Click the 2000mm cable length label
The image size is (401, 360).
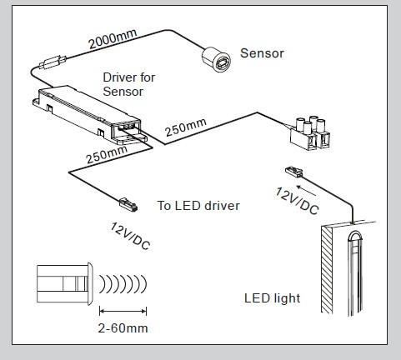(113, 38)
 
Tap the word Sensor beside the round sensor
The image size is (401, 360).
(262, 53)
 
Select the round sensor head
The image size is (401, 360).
(216, 59)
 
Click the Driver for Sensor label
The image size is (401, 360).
(129, 84)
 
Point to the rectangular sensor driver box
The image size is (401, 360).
(88, 115)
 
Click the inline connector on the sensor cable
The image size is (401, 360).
(53, 62)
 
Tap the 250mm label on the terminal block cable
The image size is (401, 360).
(186, 127)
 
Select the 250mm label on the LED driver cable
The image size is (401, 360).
(107, 154)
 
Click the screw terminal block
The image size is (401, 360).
(310, 132)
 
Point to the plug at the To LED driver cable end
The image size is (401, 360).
(128, 205)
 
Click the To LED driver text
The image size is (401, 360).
(198, 206)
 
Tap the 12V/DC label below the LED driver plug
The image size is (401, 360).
(130, 236)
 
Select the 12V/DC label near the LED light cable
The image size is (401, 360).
(297, 201)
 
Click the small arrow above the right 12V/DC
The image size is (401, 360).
(306, 190)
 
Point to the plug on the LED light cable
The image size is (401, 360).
(294, 172)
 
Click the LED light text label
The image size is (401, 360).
(273, 298)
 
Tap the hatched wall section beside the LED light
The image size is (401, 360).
(327, 269)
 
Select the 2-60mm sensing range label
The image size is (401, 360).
(123, 328)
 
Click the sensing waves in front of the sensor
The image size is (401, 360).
(123, 284)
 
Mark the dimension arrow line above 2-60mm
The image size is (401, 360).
(123, 311)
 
